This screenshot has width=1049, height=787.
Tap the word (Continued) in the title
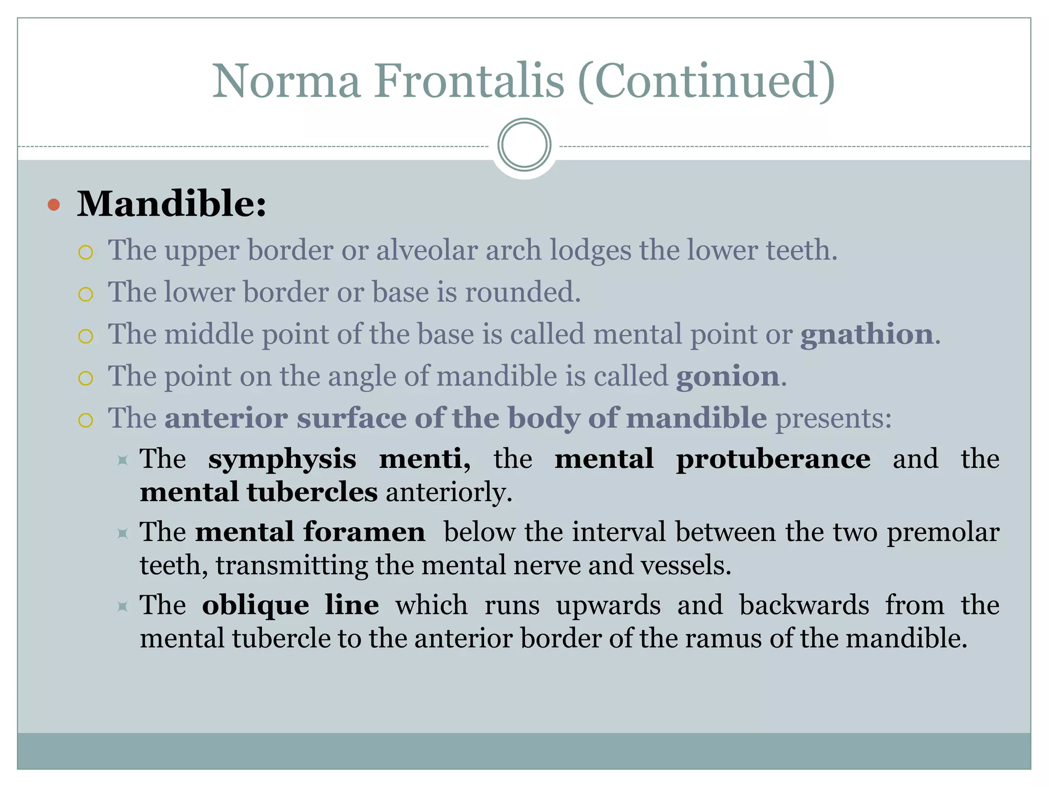pos(706,81)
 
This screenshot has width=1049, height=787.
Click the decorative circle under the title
pos(524,145)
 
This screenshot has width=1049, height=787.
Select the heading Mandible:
pos(172,204)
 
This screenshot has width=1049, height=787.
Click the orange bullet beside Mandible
pos(54,205)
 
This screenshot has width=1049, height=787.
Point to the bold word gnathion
pos(867,334)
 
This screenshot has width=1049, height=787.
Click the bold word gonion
pos(728,376)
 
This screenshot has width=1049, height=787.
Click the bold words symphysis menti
pos(339,458)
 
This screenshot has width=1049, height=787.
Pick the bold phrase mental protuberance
pos(712,458)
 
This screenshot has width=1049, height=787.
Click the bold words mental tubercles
pos(259,492)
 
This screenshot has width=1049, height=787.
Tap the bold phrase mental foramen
pos(310,532)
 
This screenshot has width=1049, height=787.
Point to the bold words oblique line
pos(290,605)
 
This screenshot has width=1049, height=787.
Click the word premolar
pos(943,532)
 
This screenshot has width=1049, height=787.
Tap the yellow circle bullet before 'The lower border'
pos(86,294)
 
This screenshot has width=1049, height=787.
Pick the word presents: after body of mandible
pos(833,418)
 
